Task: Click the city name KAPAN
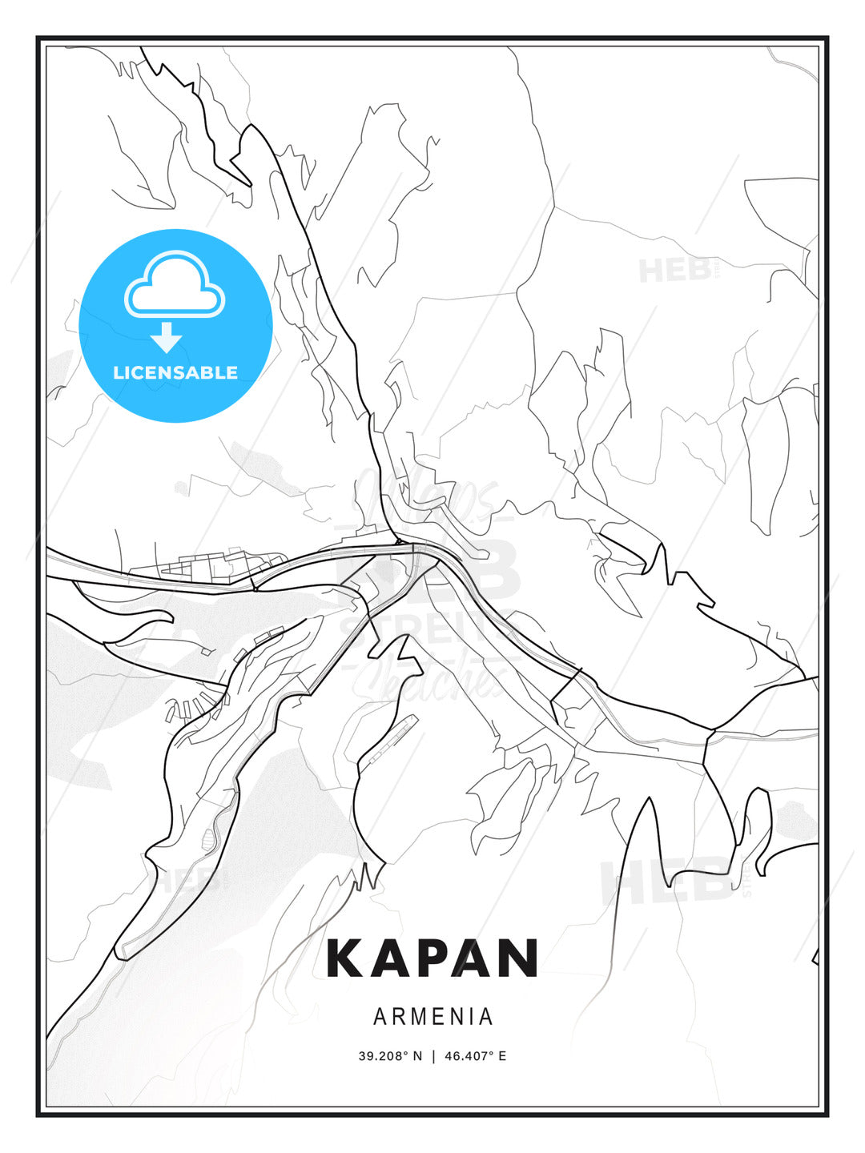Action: click(x=432, y=958)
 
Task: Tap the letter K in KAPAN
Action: click(x=345, y=958)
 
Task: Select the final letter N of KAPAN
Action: click(x=518, y=958)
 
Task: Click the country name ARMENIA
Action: click(x=432, y=1017)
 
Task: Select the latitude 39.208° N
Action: click(x=390, y=1056)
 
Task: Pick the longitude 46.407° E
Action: click(x=475, y=1056)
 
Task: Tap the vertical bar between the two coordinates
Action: click(x=433, y=1056)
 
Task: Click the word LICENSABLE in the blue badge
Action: click(x=175, y=372)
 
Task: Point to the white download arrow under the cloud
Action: click(x=167, y=337)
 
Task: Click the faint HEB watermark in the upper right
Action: click(x=677, y=270)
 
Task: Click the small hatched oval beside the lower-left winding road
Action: click(x=210, y=838)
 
